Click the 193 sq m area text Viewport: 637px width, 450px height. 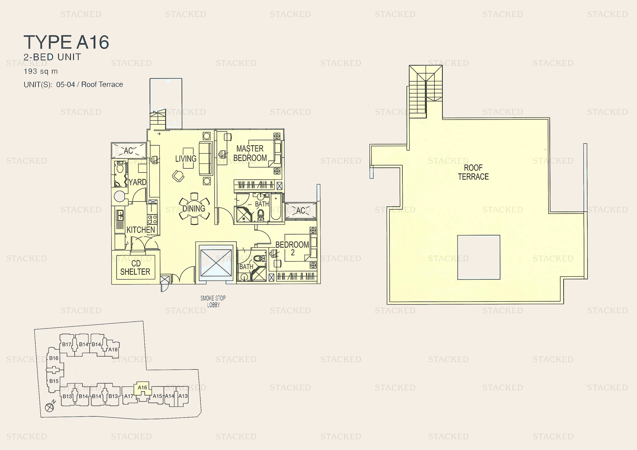tap(41, 71)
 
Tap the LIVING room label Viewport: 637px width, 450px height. tap(186, 159)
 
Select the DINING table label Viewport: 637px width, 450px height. tap(194, 208)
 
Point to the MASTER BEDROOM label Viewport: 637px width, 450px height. tap(250, 153)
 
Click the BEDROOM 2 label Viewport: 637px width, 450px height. tap(292, 248)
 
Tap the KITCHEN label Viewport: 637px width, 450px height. tap(141, 230)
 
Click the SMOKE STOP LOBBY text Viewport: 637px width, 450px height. tap(213, 301)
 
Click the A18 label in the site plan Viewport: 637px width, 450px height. tap(113, 349)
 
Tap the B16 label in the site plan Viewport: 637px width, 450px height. tap(54, 358)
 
